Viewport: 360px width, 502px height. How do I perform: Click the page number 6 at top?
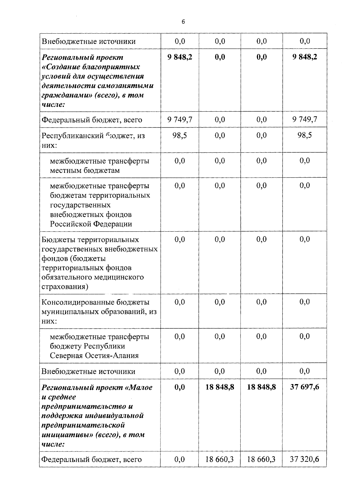coord(183,22)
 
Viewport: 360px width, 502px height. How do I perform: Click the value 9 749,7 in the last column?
coord(304,120)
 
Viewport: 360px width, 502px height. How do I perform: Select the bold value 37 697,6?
coord(304,387)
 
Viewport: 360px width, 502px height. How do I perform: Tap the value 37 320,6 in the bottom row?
coord(304,459)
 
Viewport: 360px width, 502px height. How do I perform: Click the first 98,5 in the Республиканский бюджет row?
coord(180,135)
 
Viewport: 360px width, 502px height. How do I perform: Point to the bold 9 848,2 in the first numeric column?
coord(180,57)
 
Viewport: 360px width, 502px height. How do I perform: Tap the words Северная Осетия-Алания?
coord(94,356)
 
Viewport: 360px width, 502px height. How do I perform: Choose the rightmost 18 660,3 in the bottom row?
coord(261,459)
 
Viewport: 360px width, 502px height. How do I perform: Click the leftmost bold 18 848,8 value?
coord(220,387)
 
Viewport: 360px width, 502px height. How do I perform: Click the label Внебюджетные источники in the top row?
coord(88,41)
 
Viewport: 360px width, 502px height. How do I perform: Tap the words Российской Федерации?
coord(91,224)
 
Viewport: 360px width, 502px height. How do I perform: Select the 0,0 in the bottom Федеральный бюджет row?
coord(180,459)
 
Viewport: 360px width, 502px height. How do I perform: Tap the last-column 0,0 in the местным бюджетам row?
coord(304,161)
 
